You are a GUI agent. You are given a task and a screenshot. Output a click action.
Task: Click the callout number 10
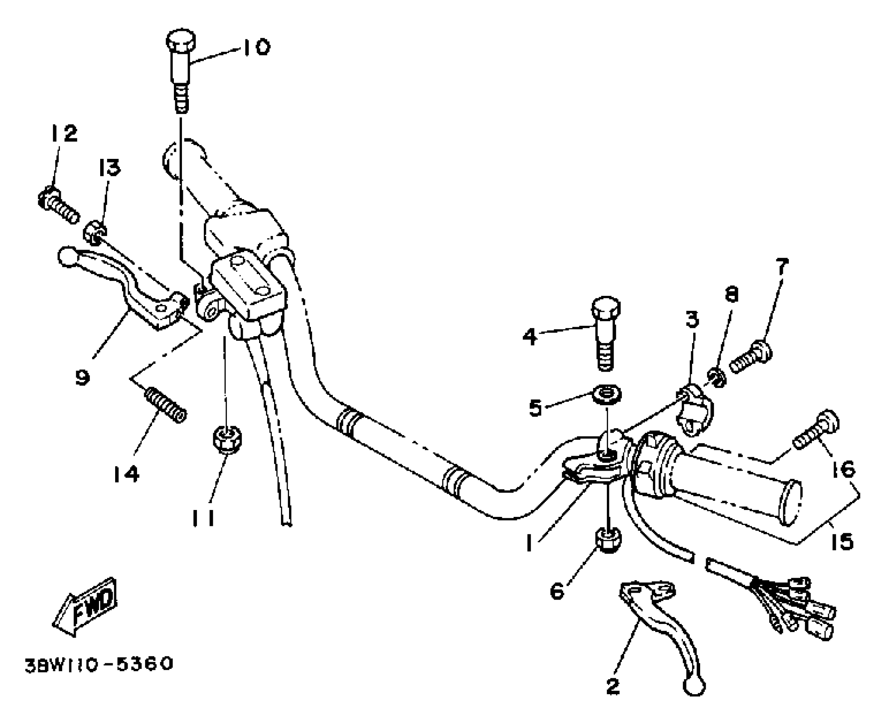click(x=257, y=47)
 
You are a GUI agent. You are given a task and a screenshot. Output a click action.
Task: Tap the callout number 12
click(x=64, y=133)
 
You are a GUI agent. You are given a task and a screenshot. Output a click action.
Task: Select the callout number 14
click(x=126, y=474)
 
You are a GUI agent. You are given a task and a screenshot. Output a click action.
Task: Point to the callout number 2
click(x=613, y=686)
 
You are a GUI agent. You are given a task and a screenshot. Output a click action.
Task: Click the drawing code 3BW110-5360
click(x=98, y=664)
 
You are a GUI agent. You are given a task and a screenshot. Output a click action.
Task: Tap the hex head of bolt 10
click(x=181, y=41)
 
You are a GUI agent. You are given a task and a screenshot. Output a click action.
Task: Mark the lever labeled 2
click(x=664, y=630)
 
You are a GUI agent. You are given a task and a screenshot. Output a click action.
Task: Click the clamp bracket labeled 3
click(x=694, y=409)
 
